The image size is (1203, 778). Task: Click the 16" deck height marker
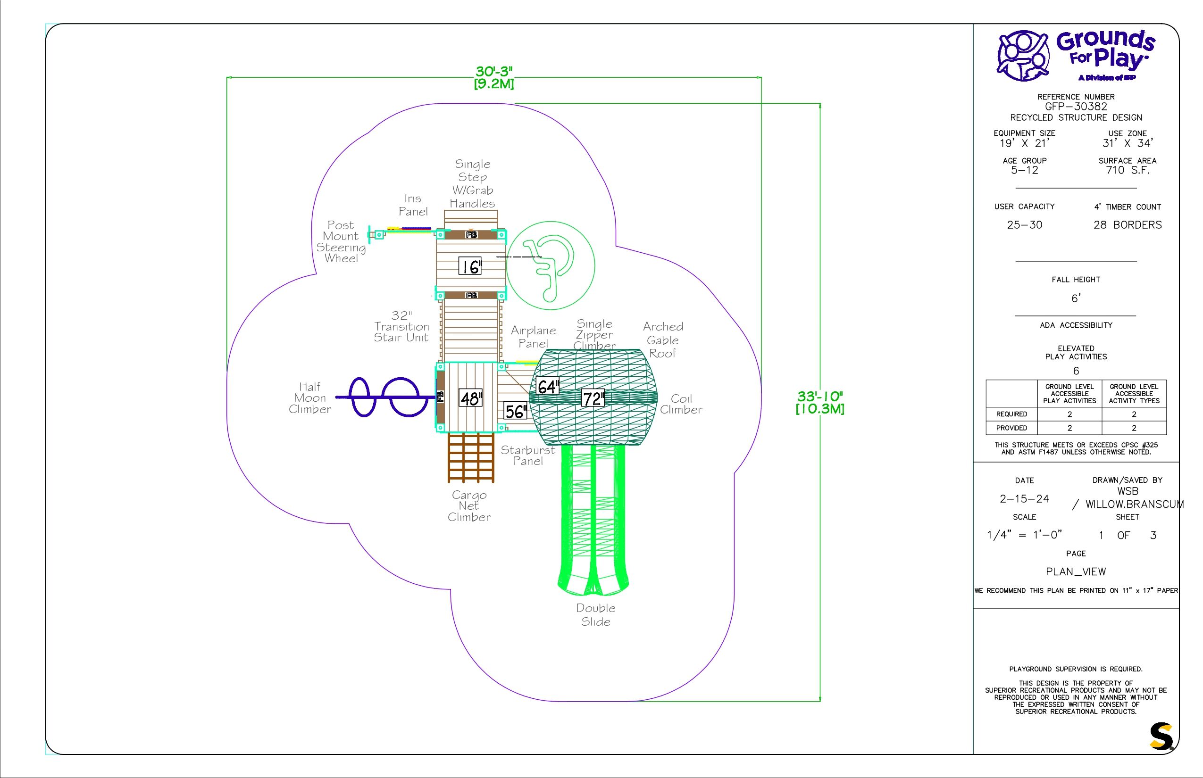470,266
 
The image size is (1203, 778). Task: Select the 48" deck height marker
471,398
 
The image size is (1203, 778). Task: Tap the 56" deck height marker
516,411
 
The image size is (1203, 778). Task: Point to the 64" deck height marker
547,387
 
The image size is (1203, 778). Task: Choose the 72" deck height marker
593,398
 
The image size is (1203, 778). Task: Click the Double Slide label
596,615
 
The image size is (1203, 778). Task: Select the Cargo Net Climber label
469,505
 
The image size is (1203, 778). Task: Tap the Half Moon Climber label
310,398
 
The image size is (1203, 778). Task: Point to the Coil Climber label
681,404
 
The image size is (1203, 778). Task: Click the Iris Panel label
413,205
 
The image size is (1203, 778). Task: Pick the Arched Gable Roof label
663,340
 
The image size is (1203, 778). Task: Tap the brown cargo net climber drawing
471,457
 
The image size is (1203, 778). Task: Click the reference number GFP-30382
1076,107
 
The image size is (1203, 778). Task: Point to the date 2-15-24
1025,499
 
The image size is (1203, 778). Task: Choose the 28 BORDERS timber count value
1128,225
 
